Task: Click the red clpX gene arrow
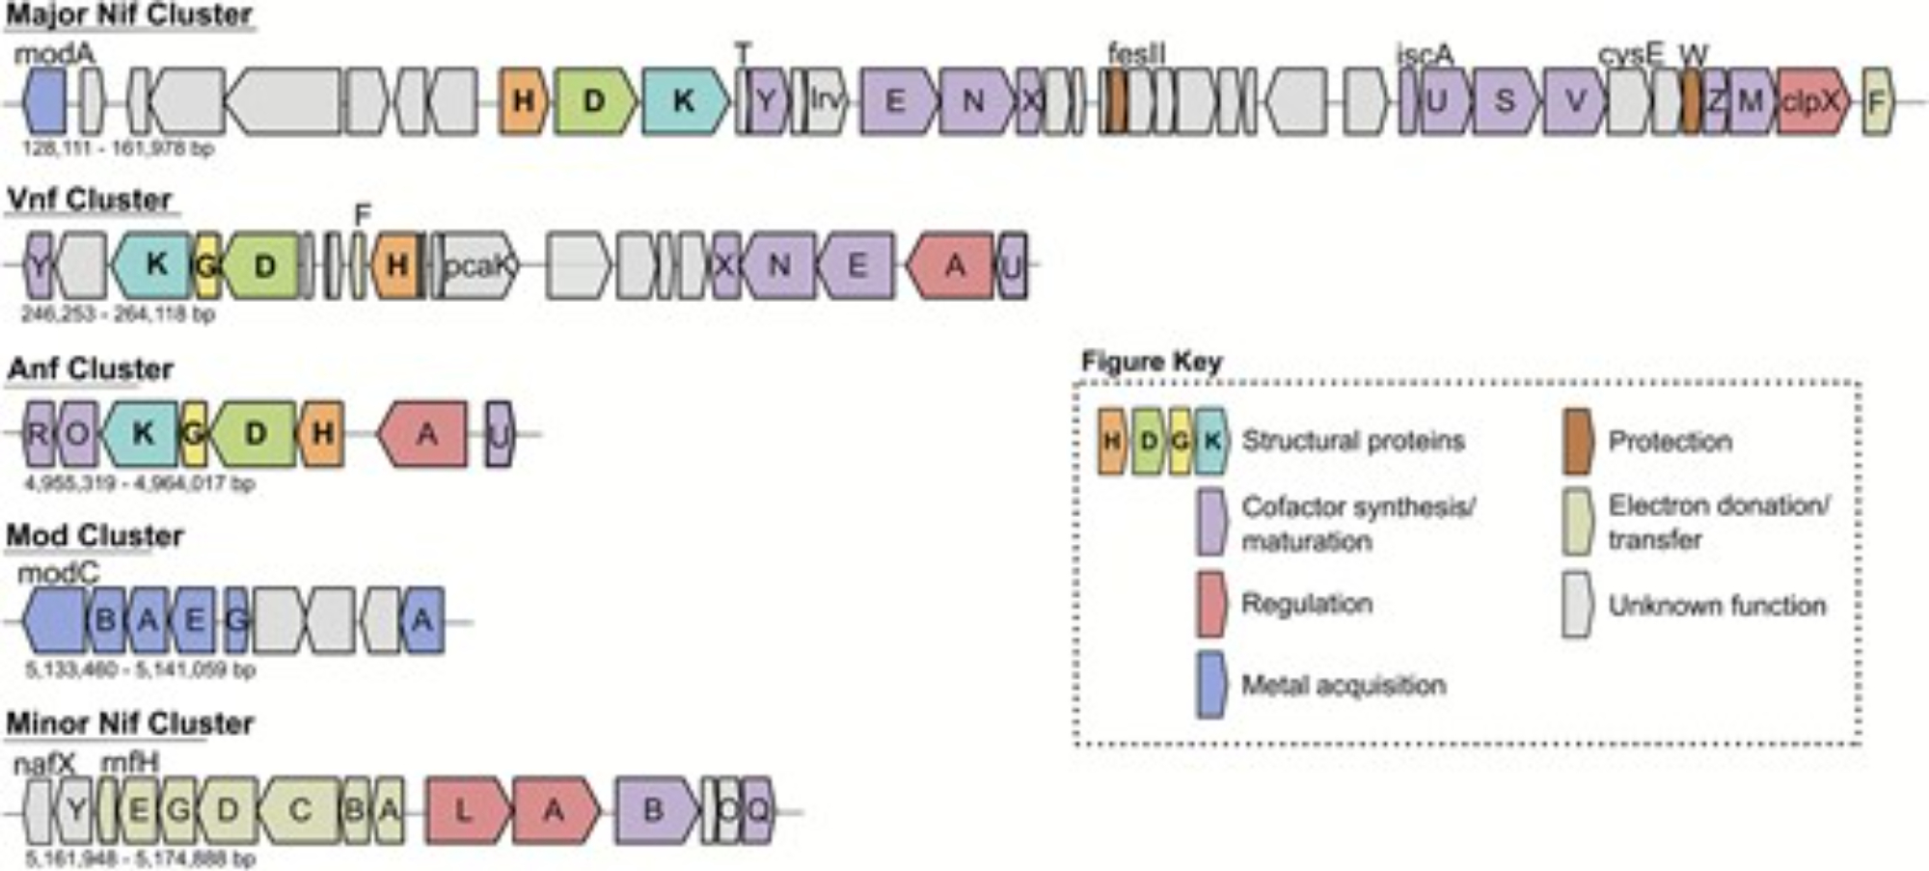1811,101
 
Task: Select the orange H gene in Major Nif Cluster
523,100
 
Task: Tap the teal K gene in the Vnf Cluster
154,264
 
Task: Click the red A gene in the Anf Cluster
424,434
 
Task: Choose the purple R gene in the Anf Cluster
39,434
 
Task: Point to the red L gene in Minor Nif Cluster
465,810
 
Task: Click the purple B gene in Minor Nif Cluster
654,810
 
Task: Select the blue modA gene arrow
44,101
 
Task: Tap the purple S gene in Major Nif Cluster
1504,101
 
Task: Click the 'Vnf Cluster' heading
90,200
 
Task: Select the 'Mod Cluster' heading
95,536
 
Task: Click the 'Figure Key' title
1152,363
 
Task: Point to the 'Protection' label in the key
1670,442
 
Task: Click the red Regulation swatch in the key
1211,605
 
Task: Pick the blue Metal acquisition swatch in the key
1211,685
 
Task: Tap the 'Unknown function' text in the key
1717,606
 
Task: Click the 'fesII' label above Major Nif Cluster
1136,54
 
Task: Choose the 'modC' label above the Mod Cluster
58,573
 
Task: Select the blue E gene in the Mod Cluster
194,620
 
